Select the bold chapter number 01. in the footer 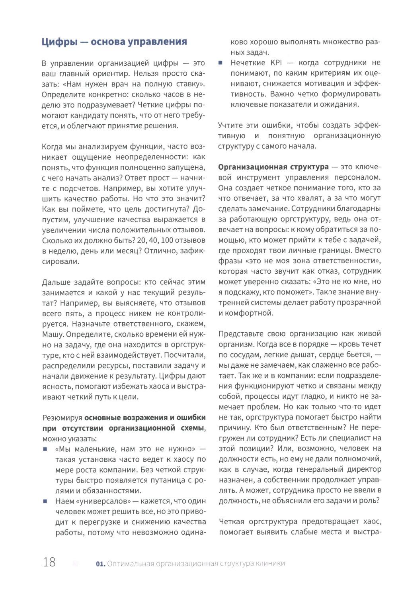pyautogui.click(x=101, y=563)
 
